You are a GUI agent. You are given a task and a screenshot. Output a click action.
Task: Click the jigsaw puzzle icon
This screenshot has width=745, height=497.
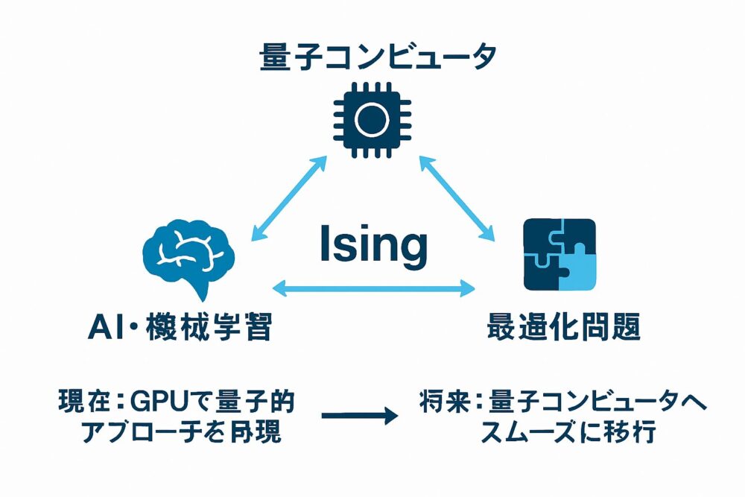pyautogui.click(x=559, y=254)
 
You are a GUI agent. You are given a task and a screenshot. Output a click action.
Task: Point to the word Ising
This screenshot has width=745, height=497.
pyautogui.click(x=373, y=245)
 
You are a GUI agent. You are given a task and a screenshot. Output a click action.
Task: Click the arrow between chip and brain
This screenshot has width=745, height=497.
pyautogui.click(x=289, y=197)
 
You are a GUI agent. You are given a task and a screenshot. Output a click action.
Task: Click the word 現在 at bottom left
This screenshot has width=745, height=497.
pyautogui.click(x=82, y=403)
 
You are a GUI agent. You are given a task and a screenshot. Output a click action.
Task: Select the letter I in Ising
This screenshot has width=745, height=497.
pyautogui.click(x=324, y=245)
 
